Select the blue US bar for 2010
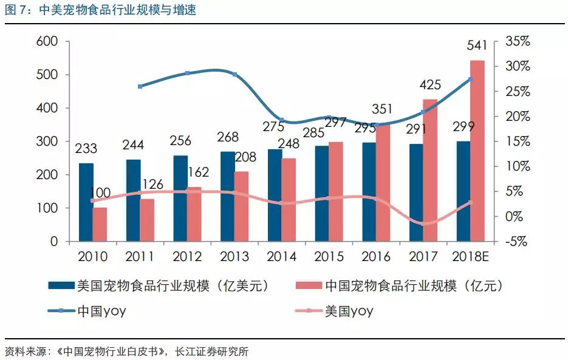(x=86, y=202)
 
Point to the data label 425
(x=431, y=84)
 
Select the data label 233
(x=87, y=149)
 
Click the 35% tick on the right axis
(x=517, y=41)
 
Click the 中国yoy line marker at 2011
(x=140, y=86)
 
